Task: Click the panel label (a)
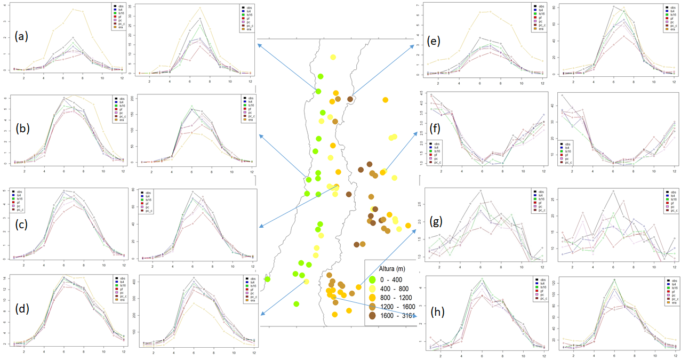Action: [x=21, y=37]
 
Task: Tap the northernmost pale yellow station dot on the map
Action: [x=333, y=57]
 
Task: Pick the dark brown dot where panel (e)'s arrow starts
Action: [x=350, y=99]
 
